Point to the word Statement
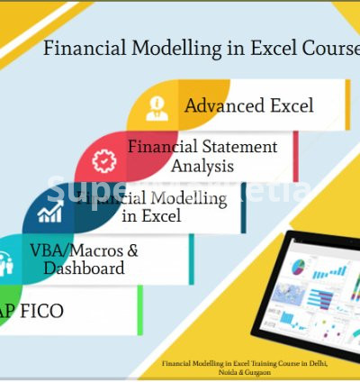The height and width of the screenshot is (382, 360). pos(243,146)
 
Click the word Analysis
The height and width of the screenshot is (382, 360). pos(202,166)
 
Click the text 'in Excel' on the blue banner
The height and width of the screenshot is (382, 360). pos(150,216)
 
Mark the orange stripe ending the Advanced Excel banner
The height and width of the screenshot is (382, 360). pos(346,105)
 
